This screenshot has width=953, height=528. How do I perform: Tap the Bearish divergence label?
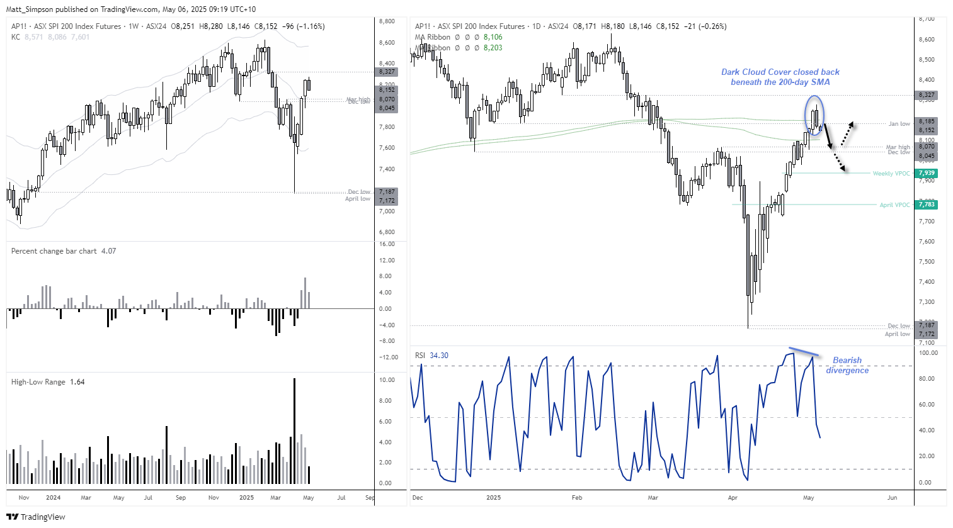point(847,365)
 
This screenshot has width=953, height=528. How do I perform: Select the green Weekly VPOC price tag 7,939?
point(926,173)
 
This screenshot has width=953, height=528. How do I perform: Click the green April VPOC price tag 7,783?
point(926,205)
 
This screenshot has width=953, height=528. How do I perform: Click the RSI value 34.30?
point(438,356)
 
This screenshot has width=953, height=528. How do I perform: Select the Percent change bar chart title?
point(54,251)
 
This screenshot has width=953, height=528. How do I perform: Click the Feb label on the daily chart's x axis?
point(576,498)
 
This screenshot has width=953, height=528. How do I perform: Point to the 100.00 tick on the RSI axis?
point(929,353)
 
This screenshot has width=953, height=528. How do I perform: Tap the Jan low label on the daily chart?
point(899,124)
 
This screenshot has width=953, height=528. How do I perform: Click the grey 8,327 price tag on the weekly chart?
point(387,72)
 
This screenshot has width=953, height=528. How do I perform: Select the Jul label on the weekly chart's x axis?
point(148,498)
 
